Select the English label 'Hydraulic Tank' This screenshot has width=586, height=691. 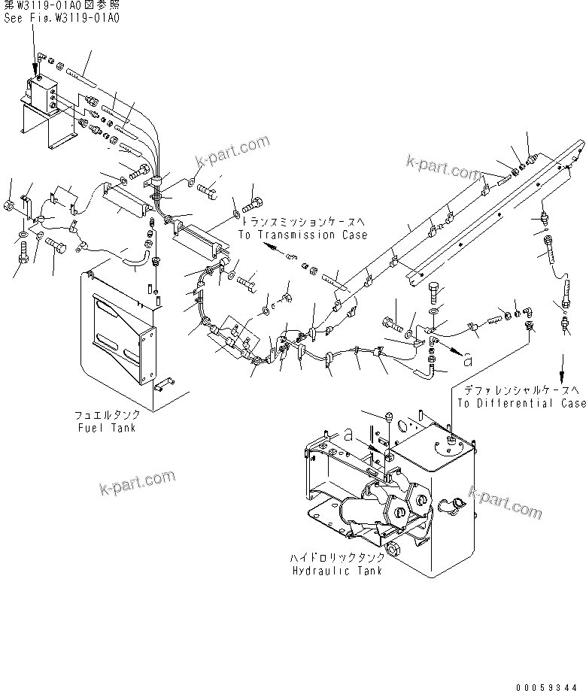[x=336, y=571]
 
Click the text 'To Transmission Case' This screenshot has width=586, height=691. [x=302, y=235]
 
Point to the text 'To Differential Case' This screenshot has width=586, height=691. [x=521, y=403]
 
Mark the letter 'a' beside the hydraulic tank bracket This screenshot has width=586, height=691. [x=348, y=435]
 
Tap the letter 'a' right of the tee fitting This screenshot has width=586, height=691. [x=469, y=361]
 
